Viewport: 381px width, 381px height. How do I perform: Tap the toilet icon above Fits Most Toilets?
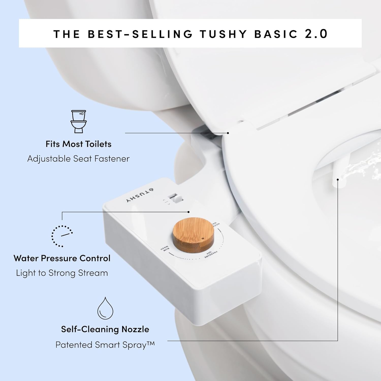[x=78, y=121]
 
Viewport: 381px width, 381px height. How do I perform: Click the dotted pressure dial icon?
[x=62, y=236]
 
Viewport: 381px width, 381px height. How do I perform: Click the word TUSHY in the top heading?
[x=223, y=34]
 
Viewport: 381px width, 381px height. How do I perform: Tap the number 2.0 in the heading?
[x=316, y=34]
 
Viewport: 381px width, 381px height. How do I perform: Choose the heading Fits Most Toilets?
[x=78, y=144]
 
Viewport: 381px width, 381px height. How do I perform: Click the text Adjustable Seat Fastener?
[x=78, y=159]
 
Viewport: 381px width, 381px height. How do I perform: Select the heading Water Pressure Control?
[x=62, y=258]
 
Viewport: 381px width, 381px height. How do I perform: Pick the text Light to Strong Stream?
[x=62, y=273]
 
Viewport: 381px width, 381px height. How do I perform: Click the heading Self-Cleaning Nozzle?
[x=105, y=329]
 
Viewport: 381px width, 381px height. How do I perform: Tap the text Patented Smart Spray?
[x=105, y=345]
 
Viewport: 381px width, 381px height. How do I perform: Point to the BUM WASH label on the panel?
[x=165, y=248]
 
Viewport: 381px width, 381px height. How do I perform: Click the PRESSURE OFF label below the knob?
[x=211, y=255]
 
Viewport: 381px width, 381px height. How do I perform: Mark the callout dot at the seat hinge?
[x=228, y=133]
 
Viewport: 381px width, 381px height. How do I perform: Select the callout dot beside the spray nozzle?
[x=338, y=180]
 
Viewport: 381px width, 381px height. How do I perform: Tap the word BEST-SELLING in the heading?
[x=140, y=34]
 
